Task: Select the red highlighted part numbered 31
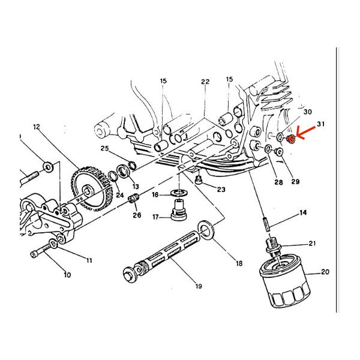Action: [x=291, y=140]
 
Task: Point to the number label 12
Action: [x=36, y=127]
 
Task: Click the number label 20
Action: [x=325, y=272]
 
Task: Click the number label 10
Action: [x=67, y=275]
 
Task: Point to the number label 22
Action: [x=205, y=82]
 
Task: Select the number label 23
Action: [x=221, y=190]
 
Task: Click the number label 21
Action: [x=312, y=243]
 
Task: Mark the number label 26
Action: [x=137, y=215]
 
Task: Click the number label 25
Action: [x=104, y=148]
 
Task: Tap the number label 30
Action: [x=308, y=112]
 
